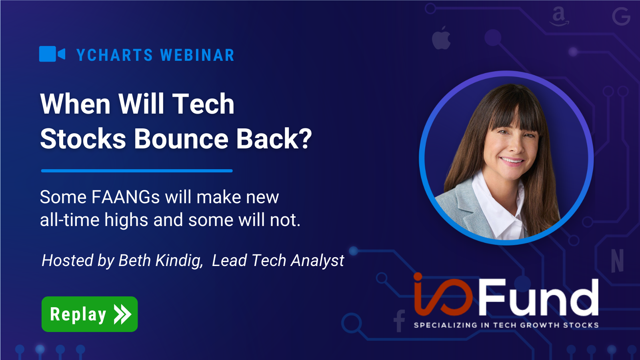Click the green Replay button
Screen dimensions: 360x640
click(90, 314)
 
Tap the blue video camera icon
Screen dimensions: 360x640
click(52, 54)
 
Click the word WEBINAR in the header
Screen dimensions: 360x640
click(197, 55)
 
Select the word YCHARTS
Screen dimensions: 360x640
click(115, 55)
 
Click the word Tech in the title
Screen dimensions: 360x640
click(203, 104)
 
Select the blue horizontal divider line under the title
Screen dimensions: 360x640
click(137, 171)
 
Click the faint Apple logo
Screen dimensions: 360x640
click(441, 38)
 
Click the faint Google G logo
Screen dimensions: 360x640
click(621, 17)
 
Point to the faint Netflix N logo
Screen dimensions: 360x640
click(617, 260)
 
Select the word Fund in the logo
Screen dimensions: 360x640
click(538, 298)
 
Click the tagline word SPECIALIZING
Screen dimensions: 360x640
click(445, 325)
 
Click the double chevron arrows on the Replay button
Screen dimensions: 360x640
click(122, 314)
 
